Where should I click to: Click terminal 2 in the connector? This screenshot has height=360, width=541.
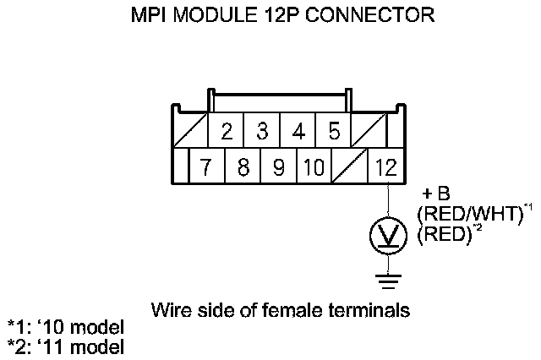[227, 133]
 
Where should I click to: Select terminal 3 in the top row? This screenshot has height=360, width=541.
[262, 133]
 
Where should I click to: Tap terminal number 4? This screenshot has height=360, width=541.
[298, 133]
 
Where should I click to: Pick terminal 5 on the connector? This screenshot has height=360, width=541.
[333, 133]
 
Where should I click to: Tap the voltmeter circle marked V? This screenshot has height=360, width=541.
[387, 236]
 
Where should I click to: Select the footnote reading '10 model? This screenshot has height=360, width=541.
[85, 328]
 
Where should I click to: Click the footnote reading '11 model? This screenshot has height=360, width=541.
[85, 346]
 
